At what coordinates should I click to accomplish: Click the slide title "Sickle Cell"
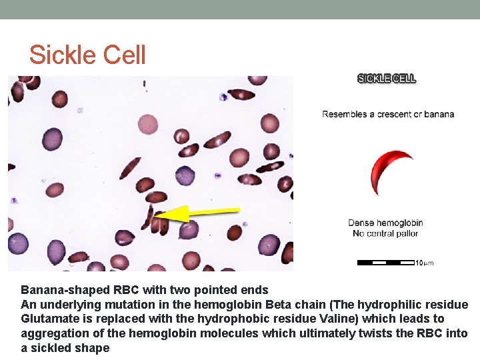coord(87,55)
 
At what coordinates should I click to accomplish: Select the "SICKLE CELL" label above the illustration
coord(387,78)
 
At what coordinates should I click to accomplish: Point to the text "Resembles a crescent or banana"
coord(388,114)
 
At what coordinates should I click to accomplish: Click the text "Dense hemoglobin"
coord(385,223)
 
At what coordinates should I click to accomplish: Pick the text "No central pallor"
coord(385,233)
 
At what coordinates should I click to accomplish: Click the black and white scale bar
coord(386,263)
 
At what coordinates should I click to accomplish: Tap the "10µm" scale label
coord(425,263)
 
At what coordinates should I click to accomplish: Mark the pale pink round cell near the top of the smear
coord(147,124)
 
